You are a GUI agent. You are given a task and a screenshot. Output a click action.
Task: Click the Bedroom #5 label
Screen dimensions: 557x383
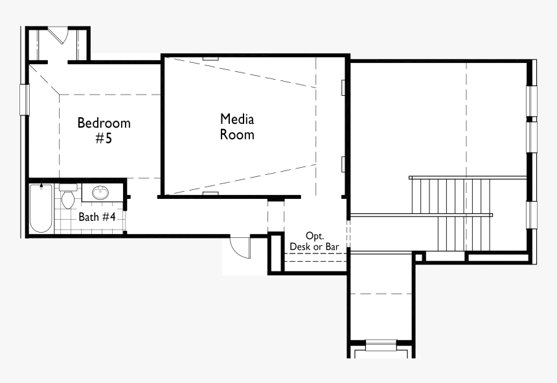pyautogui.click(x=104, y=130)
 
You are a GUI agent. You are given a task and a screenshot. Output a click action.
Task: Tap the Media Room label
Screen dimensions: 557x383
pyautogui.click(x=237, y=127)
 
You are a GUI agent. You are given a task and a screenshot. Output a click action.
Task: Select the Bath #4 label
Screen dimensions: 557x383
pyautogui.click(x=97, y=216)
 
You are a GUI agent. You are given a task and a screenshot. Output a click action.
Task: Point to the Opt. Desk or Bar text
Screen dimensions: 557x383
pyautogui.click(x=314, y=241)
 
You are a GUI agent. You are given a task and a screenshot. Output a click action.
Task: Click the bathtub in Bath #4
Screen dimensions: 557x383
pyautogui.click(x=41, y=208)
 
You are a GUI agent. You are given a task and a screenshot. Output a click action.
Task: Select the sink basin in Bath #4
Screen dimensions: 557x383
pyautogui.click(x=100, y=193)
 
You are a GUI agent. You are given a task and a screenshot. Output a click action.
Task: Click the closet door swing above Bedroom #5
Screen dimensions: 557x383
pyautogui.click(x=58, y=35)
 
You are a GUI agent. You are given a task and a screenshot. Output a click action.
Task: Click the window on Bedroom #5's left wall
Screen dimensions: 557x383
pyautogui.click(x=24, y=100)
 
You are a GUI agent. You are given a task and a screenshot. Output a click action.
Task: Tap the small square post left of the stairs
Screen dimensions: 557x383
pyautogui.click(x=419, y=257)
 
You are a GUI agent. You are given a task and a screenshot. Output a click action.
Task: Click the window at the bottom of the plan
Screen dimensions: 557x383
pyautogui.click(x=381, y=345)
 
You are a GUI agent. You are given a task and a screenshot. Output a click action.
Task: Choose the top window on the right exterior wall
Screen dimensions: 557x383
pyautogui.click(x=532, y=101)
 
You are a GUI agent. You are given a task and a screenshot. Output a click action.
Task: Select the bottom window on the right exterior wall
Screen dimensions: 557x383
pyautogui.click(x=532, y=215)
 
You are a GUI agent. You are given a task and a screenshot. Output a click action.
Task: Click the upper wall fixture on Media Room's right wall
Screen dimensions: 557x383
pyautogui.click(x=343, y=87)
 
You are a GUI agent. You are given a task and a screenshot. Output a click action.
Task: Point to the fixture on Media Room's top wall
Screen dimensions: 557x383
pyautogui.click(x=210, y=58)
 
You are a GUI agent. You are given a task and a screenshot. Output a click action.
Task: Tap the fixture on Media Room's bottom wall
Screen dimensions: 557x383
pyautogui.click(x=210, y=194)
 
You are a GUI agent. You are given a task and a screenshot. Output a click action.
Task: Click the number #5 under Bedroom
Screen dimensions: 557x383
pyautogui.click(x=104, y=138)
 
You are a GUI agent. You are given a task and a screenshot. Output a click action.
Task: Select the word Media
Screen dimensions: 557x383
pyautogui.click(x=237, y=119)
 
